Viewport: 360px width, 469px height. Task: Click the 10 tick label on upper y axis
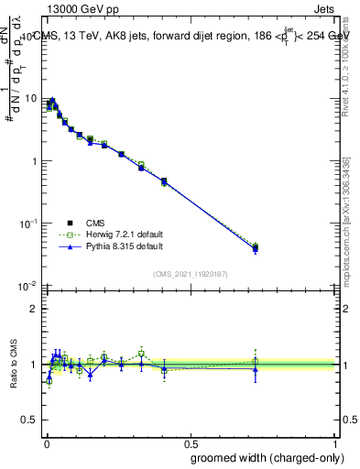(x=30, y=99)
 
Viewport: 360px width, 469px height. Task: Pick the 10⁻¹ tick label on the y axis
(x=27, y=223)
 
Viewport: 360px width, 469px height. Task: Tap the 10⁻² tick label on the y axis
(x=27, y=285)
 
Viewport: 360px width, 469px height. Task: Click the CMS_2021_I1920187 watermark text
(x=190, y=273)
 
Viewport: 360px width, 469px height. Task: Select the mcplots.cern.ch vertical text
(x=345, y=229)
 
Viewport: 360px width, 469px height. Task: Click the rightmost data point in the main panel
(x=256, y=248)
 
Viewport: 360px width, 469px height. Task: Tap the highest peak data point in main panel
(x=53, y=101)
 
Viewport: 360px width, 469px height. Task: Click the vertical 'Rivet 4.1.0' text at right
(x=345, y=64)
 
